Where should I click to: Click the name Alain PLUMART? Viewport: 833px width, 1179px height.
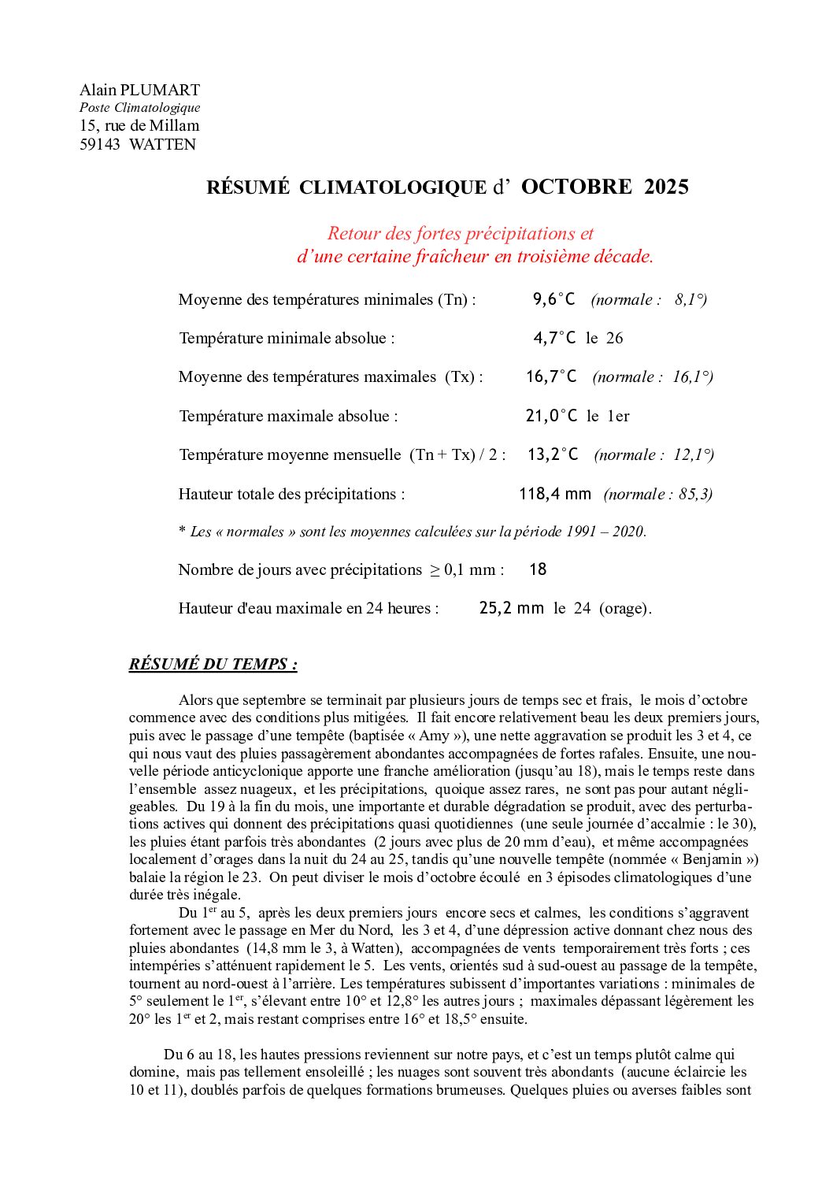click(x=139, y=90)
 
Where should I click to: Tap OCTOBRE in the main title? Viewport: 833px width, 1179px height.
click(x=576, y=187)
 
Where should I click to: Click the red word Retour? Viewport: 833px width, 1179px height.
click(x=354, y=233)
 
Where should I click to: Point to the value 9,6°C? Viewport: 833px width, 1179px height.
click(x=553, y=299)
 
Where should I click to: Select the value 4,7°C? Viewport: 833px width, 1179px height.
click(x=554, y=338)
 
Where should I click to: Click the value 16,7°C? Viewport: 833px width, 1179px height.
click(x=551, y=376)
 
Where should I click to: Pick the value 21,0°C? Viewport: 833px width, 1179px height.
click(x=551, y=416)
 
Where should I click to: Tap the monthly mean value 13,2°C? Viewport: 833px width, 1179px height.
click(x=553, y=454)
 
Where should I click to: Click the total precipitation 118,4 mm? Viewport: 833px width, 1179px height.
click(x=554, y=494)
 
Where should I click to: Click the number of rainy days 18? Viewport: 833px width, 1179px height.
click(x=538, y=569)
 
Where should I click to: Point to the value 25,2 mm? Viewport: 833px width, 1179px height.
click(x=511, y=608)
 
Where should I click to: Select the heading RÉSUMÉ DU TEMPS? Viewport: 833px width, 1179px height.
click(x=213, y=664)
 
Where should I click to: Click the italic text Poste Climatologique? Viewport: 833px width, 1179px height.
click(x=139, y=108)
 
